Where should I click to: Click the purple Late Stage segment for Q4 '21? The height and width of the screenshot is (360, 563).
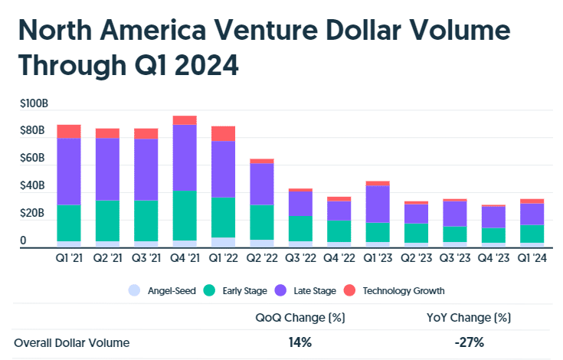tap(185, 158)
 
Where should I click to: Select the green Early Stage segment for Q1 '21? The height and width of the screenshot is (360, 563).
tap(69, 223)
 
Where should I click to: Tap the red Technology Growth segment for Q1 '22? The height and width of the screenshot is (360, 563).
tap(224, 133)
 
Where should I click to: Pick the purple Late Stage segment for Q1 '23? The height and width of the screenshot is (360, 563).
tap(378, 204)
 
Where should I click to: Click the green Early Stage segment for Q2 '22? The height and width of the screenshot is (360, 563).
tap(262, 222)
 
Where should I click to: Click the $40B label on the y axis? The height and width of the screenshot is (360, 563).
tap(32, 187)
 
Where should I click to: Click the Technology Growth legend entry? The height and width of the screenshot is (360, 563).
tap(396, 290)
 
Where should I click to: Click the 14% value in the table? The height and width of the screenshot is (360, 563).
tap(300, 342)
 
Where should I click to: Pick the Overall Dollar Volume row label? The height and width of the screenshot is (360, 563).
tap(72, 342)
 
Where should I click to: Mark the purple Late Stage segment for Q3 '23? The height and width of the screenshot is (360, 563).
tap(455, 214)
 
